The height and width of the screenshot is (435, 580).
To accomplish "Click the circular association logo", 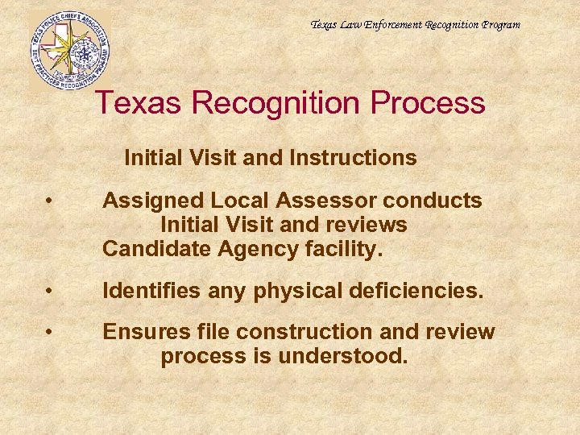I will tap(69, 49).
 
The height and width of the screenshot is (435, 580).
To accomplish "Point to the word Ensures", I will tap(142, 332).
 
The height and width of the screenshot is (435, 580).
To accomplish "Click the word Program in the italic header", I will tap(500, 25).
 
